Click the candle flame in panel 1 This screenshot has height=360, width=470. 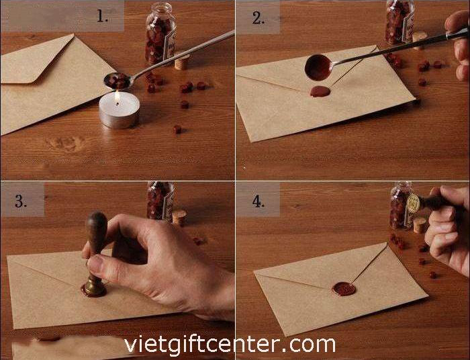[117, 97]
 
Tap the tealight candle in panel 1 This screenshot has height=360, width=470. [120, 110]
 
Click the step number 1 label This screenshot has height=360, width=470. [102, 16]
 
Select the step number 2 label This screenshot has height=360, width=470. [258, 19]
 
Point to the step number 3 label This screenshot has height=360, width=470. [21, 201]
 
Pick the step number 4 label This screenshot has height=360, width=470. [258, 201]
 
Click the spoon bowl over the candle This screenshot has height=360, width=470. [117, 80]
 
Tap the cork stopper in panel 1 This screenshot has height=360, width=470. [182, 62]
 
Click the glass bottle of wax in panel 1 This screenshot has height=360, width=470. [161, 33]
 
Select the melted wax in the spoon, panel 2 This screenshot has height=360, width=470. [318, 68]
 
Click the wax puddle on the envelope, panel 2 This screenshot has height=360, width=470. [320, 91]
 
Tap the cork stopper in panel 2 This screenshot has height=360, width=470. [420, 39]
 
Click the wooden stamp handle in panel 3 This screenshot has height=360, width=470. [97, 232]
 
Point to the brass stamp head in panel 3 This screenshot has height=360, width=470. [95, 286]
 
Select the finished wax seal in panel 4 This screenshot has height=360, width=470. [344, 289]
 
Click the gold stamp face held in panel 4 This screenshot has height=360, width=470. [414, 204]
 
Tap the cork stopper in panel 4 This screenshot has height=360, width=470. [420, 225]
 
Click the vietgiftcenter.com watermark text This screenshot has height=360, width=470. [230, 345]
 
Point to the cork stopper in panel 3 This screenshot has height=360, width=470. [179, 218]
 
